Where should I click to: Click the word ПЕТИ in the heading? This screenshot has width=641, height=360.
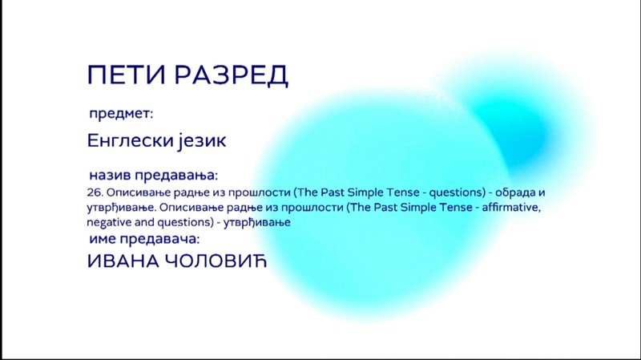point(127,75)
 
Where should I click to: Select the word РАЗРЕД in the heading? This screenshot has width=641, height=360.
point(232,75)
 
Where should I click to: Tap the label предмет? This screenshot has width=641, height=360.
point(121,114)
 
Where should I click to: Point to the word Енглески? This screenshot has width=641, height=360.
point(131,140)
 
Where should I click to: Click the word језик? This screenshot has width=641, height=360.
point(203,141)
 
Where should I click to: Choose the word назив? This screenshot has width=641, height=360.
point(110,175)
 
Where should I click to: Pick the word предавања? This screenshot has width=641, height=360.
point(176,176)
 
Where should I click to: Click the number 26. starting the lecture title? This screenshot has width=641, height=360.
point(95,192)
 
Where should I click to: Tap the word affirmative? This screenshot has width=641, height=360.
point(511,208)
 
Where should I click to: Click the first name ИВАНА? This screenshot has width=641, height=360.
point(123,261)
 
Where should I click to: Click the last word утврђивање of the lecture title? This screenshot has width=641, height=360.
point(256,223)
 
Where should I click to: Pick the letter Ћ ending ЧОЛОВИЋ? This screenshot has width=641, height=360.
point(258,261)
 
